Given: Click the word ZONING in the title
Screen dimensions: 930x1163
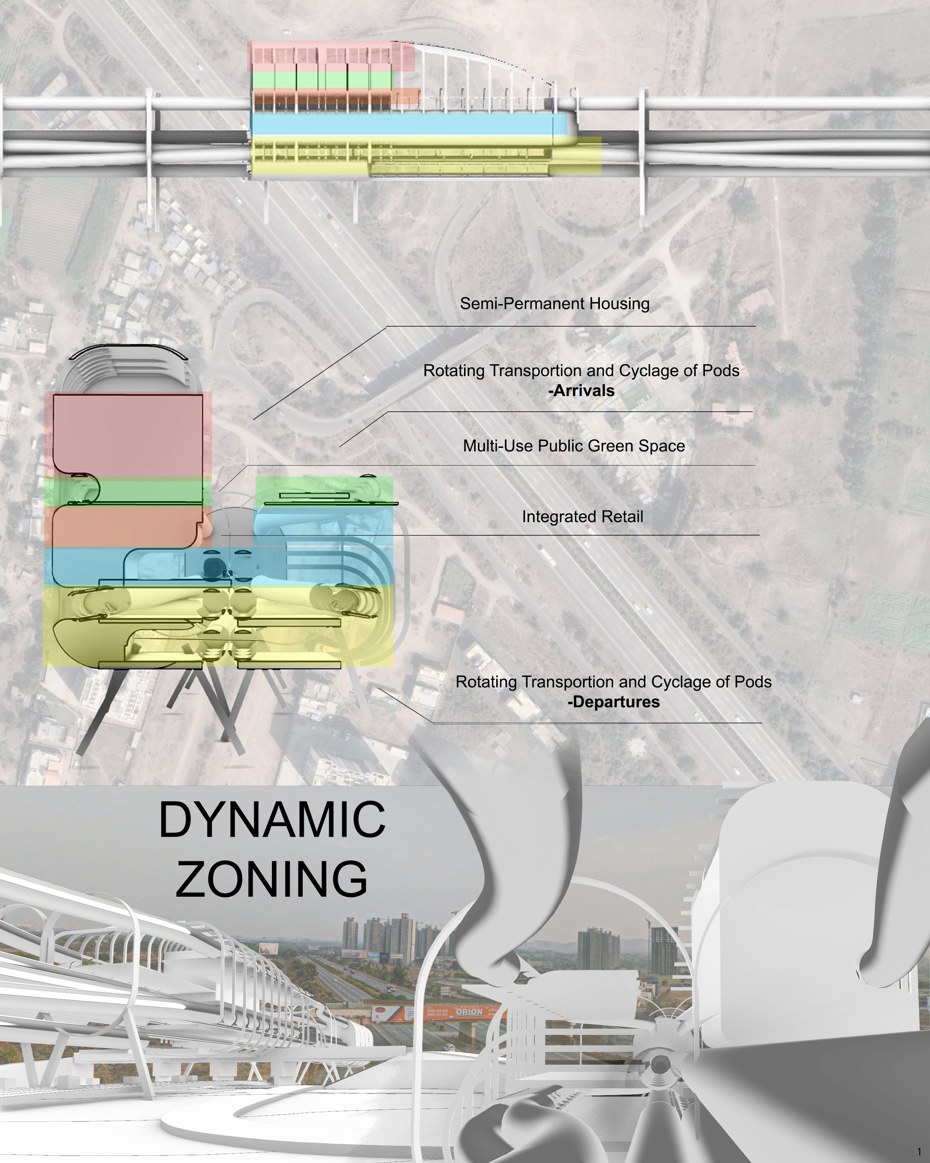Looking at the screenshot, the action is coord(272,879).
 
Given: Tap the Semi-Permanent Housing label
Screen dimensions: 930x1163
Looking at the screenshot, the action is coord(555,304).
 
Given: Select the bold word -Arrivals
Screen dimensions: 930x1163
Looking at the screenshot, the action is coord(581,391).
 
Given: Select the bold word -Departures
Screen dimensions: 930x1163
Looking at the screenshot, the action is coord(613,702).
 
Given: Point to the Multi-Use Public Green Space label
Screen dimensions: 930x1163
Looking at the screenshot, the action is coord(574,446).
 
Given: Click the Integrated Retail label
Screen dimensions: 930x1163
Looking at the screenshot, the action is coord(583,517).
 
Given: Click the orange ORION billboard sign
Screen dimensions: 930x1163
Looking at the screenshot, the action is coord(469,1011).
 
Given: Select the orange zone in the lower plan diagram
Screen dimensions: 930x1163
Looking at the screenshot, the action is coord(128,527).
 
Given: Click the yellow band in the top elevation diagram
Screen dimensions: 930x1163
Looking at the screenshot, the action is coord(426,155).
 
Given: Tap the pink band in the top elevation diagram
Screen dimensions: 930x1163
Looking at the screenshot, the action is coord(331,56).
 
